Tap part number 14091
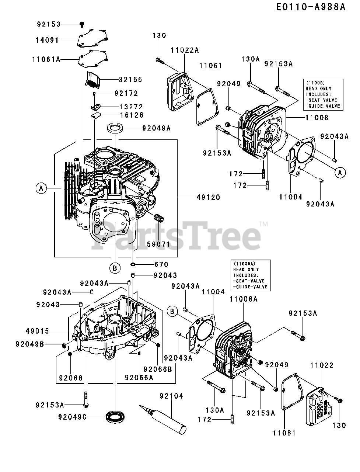(x=48, y=40)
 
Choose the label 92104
(x=171, y=396)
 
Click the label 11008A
(x=243, y=299)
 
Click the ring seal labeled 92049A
(x=115, y=128)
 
